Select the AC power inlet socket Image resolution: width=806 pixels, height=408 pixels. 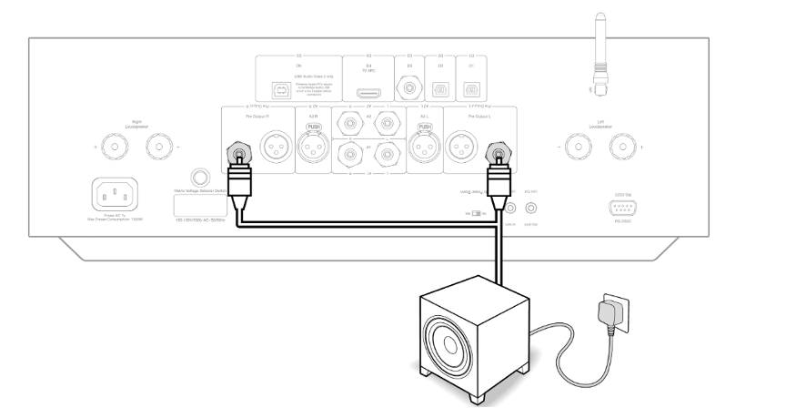tap(116, 195)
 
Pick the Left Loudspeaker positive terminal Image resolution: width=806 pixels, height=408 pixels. tap(622, 145)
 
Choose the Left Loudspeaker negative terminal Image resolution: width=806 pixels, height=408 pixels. tap(575, 145)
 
